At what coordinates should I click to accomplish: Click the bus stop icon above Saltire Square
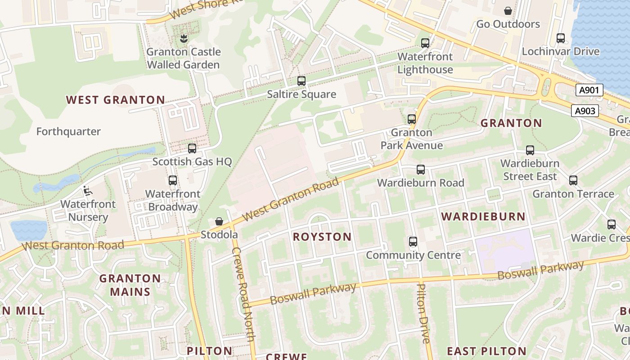click(x=301, y=81)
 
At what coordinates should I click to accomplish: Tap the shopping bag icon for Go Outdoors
click(x=508, y=10)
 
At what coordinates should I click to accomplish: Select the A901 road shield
click(x=589, y=90)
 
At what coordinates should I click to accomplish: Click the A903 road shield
click(x=585, y=111)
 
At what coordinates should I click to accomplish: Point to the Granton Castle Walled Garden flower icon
click(x=183, y=39)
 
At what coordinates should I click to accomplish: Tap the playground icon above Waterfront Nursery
click(x=87, y=191)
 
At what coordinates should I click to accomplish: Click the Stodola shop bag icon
click(x=219, y=221)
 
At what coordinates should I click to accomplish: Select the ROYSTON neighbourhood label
click(x=322, y=237)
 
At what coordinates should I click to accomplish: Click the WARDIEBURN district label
click(x=483, y=216)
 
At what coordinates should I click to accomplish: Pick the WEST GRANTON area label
click(x=116, y=100)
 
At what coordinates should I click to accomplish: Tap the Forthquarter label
click(x=68, y=131)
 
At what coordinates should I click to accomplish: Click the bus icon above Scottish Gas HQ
click(x=192, y=148)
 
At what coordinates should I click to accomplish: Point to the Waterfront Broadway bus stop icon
click(x=173, y=180)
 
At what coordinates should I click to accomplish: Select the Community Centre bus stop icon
click(x=413, y=242)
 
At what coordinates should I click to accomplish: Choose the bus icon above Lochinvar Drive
click(x=561, y=38)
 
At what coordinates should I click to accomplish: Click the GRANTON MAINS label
click(x=130, y=285)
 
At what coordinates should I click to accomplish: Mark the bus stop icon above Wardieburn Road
click(x=421, y=170)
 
